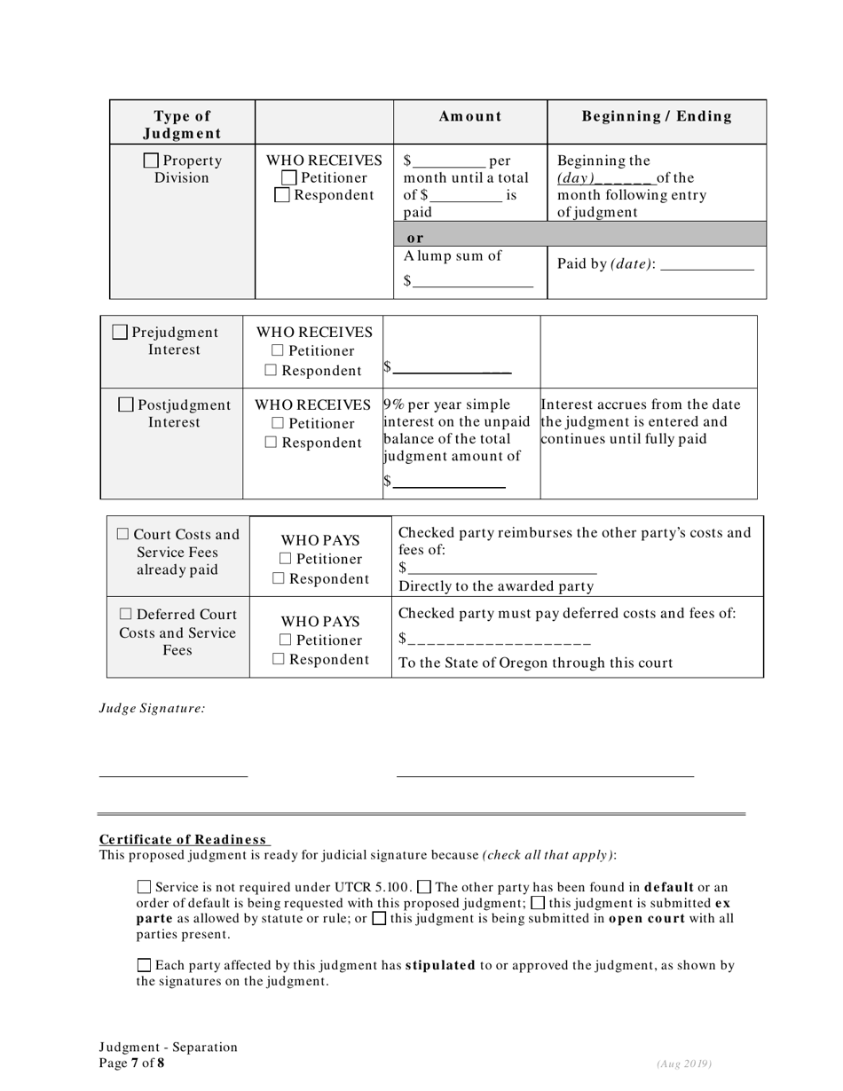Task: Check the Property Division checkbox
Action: click(152, 161)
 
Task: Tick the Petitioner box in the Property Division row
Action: click(288, 178)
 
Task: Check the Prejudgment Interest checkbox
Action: click(121, 333)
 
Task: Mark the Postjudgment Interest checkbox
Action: click(126, 404)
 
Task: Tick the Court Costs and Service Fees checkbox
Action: click(123, 535)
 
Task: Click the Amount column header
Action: click(470, 116)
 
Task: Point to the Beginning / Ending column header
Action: click(657, 116)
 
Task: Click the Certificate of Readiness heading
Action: click(184, 839)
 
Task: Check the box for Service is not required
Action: click(144, 886)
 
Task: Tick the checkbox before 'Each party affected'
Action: click(144, 964)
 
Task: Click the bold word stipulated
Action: click(440, 965)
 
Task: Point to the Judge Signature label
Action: click(152, 708)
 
